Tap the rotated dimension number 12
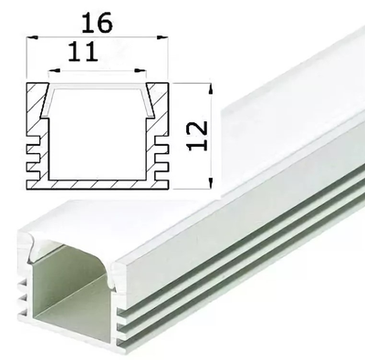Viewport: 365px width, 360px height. pos(201,134)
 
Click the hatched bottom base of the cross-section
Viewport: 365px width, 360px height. pos(99,181)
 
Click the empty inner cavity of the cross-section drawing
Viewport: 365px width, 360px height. pos(99,137)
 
